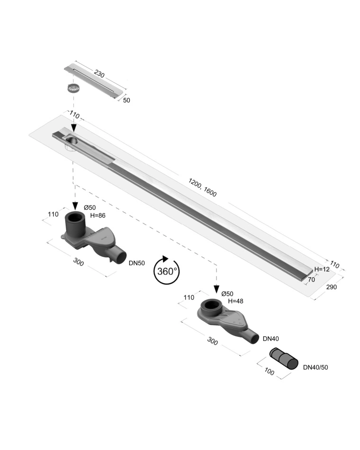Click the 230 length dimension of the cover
click(x=99, y=74)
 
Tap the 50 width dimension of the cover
click(x=126, y=100)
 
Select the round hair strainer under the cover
click(x=73, y=88)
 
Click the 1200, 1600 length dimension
click(x=202, y=187)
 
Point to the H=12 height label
click(x=322, y=269)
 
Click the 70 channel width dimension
click(x=311, y=279)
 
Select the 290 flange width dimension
click(x=331, y=287)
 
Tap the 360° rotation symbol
click(x=167, y=270)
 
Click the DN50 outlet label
click(x=136, y=263)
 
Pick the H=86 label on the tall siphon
click(x=98, y=216)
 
